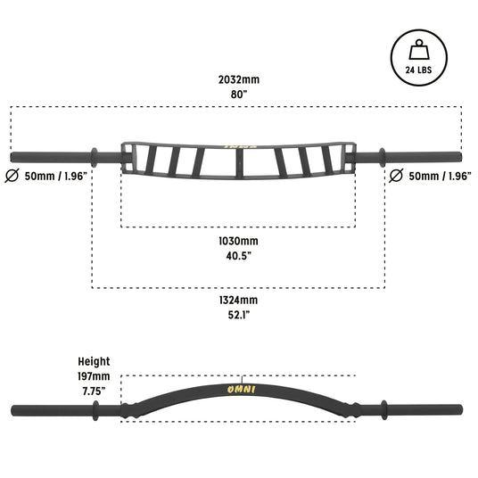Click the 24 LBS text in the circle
pos(418,70)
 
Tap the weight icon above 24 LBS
pos(419,49)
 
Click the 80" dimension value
pos(239,95)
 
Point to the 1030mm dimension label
pos(238,241)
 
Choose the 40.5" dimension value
pos(239,256)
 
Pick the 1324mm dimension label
pos(238,301)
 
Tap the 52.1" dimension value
pos(239,315)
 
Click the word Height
pos(94,362)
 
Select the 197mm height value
pos(94,376)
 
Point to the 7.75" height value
pos(94,391)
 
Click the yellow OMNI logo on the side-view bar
pos(241,390)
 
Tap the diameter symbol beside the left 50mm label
pos(12,176)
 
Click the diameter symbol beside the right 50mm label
pos(396,176)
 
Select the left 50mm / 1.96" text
pos(56,177)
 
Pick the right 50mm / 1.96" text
pos(440,177)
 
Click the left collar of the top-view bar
pos(95,157)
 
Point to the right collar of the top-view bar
pos(382,157)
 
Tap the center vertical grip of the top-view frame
pos(239,162)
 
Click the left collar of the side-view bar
pos(95,410)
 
